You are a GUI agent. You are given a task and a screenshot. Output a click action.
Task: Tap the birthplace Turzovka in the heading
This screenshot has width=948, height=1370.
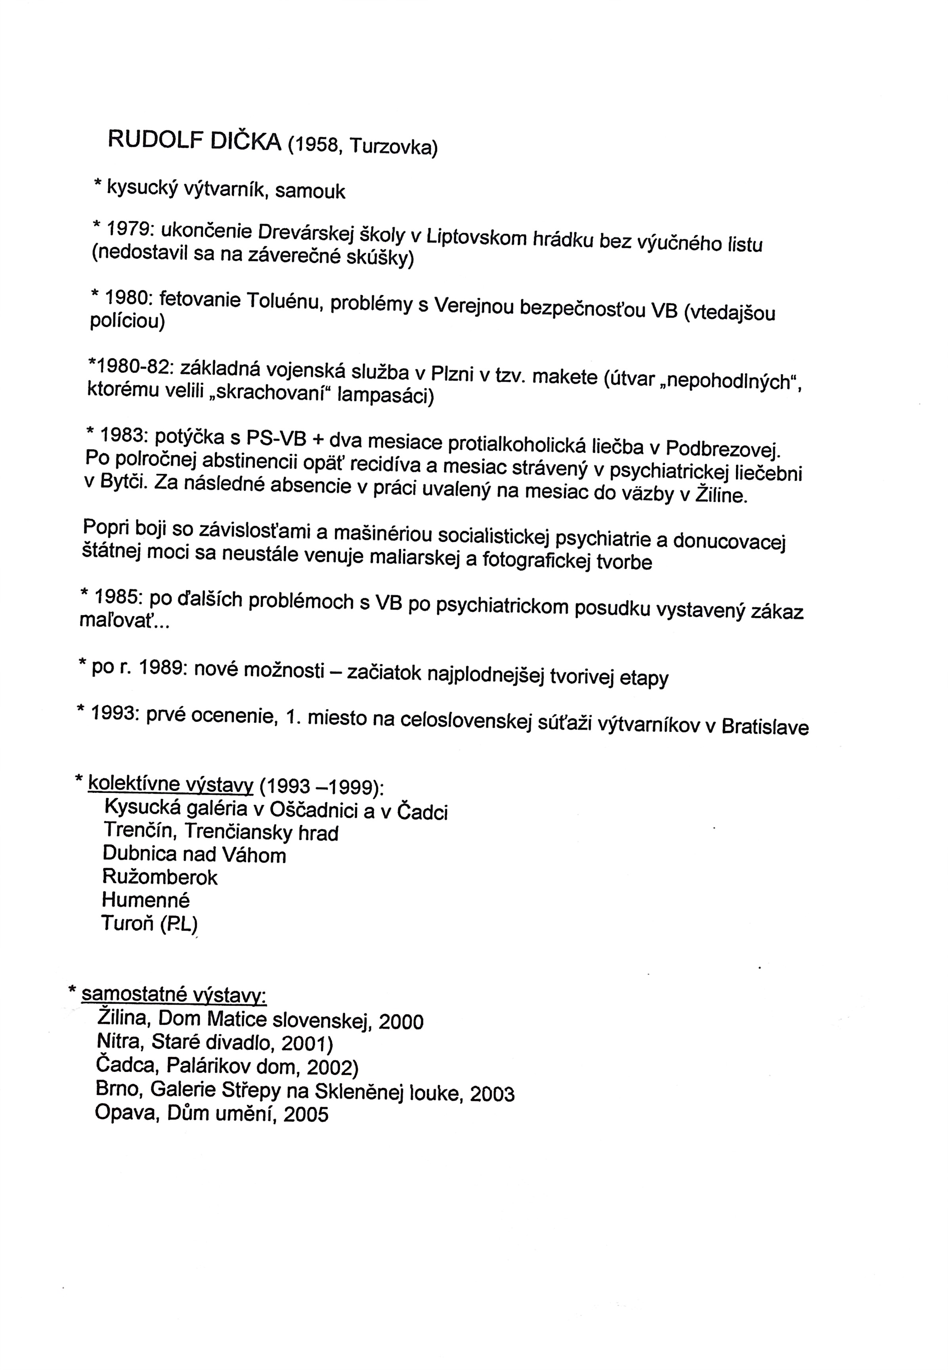(393, 146)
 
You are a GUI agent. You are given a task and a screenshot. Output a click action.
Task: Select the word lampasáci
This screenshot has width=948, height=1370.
(386, 396)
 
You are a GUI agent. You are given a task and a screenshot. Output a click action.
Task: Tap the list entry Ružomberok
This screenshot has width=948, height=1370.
(160, 877)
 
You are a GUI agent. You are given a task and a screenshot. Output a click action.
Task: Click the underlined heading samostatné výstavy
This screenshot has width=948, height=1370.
(174, 994)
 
